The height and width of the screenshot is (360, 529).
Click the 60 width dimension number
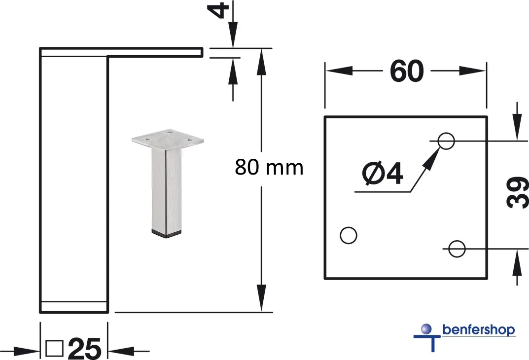click(x=407, y=71)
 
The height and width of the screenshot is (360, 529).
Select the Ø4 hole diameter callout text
click(x=383, y=174)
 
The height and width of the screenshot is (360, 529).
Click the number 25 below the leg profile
click(x=84, y=349)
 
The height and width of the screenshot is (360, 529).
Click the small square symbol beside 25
click(x=54, y=348)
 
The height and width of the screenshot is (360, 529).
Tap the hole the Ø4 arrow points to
click(x=446, y=141)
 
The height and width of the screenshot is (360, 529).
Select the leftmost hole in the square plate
click(x=349, y=235)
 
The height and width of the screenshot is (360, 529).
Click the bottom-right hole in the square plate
click(x=457, y=249)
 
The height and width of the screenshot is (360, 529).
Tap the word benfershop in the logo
click(x=479, y=329)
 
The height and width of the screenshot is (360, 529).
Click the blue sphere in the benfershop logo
click(x=426, y=328)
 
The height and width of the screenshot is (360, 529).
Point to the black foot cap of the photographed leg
click(x=167, y=233)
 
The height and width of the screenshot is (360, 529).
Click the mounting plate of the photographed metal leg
click(x=168, y=139)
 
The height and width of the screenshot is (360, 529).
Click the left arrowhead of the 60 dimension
click(x=339, y=71)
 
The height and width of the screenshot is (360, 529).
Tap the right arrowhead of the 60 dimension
click(x=472, y=71)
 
